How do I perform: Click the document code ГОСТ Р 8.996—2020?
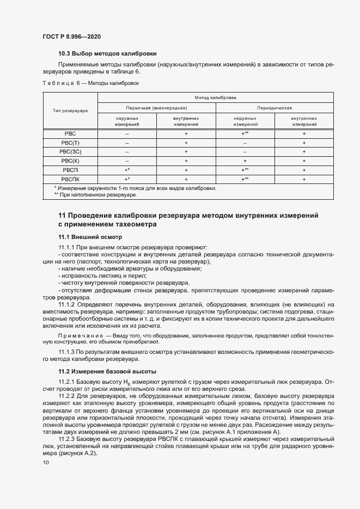[x=71, y=36]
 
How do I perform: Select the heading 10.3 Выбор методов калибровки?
[x=107, y=54]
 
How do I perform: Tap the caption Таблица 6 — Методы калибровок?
[x=91, y=83]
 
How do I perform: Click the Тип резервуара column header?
[x=70, y=111]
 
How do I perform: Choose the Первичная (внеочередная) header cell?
[x=157, y=108]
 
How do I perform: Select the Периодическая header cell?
[x=275, y=108]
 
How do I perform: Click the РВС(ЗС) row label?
[x=70, y=151]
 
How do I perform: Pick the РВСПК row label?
[x=70, y=179]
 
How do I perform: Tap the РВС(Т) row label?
[x=70, y=142]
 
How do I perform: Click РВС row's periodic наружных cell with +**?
[x=245, y=133]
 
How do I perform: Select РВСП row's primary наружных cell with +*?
[x=127, y=170]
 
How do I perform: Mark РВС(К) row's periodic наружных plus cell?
[x=245, y=161]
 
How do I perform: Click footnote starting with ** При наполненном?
[x=95, y=194]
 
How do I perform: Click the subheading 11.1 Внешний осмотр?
[x=90, y=237]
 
